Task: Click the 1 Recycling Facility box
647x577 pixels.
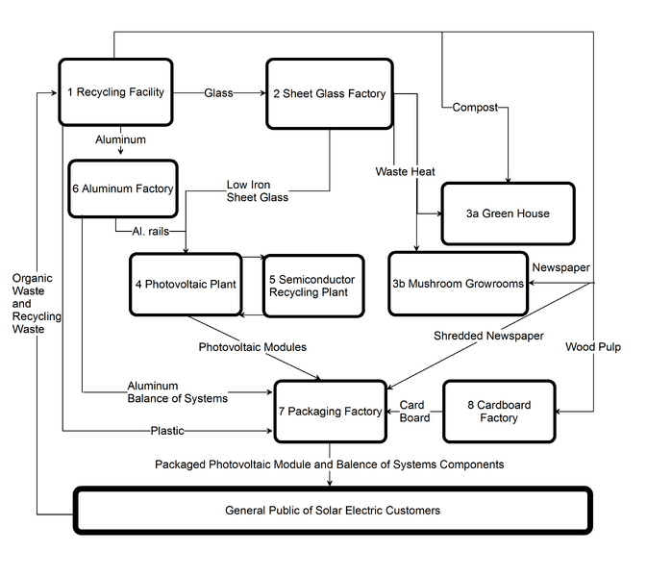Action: tap(115, 92)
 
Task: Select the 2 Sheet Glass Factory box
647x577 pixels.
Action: tap(330, 93)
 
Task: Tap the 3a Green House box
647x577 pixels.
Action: tap(508, 213)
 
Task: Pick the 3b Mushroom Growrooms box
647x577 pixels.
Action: tap(458, 284)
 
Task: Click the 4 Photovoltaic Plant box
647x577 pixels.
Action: tap(186, 284)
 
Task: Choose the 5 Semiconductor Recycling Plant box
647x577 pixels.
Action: tap(313, 286)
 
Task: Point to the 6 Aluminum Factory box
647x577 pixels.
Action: tap(123, 188)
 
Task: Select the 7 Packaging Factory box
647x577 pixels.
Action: tap(330, 411)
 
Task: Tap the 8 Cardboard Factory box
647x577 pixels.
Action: tap(499, 411)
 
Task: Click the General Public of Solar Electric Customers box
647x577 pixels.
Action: tap(333, 511)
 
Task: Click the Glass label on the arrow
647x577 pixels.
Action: tap(218, 93)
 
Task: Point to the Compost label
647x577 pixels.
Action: tap(475, 108)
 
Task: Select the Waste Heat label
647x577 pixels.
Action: tap(405, 171)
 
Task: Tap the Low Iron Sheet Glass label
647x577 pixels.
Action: tap(258, 190)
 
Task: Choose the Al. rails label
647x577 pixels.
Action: tap(151, 231)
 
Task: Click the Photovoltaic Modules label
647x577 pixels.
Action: tap(253, 347)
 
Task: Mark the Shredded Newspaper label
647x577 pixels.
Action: tap(488, 336)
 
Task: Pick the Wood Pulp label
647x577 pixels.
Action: tap(593, 347)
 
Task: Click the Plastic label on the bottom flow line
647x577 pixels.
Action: tap(167, 431)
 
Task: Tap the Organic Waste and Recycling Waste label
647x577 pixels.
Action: tap(37, 303)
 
